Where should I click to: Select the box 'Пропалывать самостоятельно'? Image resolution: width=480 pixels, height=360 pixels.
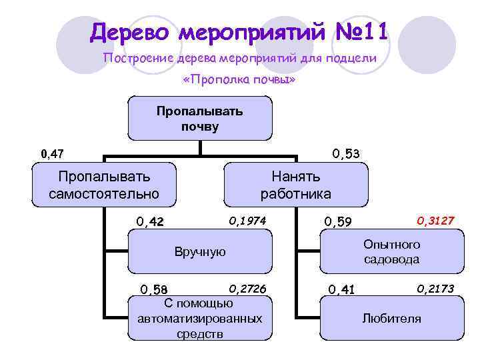click(x=104, y=185)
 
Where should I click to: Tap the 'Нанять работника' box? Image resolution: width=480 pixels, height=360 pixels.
click(x=295, y=185)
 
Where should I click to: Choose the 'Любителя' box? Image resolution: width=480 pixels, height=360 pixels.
click(x=391, y=318)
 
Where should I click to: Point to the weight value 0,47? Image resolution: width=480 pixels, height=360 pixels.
click(x=52, y=154)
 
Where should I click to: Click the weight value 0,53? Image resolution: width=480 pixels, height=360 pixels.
click(x=346, y=154)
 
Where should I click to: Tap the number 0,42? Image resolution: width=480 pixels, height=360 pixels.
click(x=150, y=221)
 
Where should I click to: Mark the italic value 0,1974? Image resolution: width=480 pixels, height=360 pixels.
click(x=247, y=220)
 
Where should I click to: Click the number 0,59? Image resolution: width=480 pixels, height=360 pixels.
click(x=338, y=221)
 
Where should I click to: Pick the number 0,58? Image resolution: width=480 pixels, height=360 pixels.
click(x=153, y=289)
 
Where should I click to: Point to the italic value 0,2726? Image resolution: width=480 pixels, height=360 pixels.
click(x=247, y=288)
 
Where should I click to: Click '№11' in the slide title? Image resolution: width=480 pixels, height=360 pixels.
click(x=354, y=31)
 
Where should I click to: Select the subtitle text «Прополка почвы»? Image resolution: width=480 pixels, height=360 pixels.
click(x=239, y=79)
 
